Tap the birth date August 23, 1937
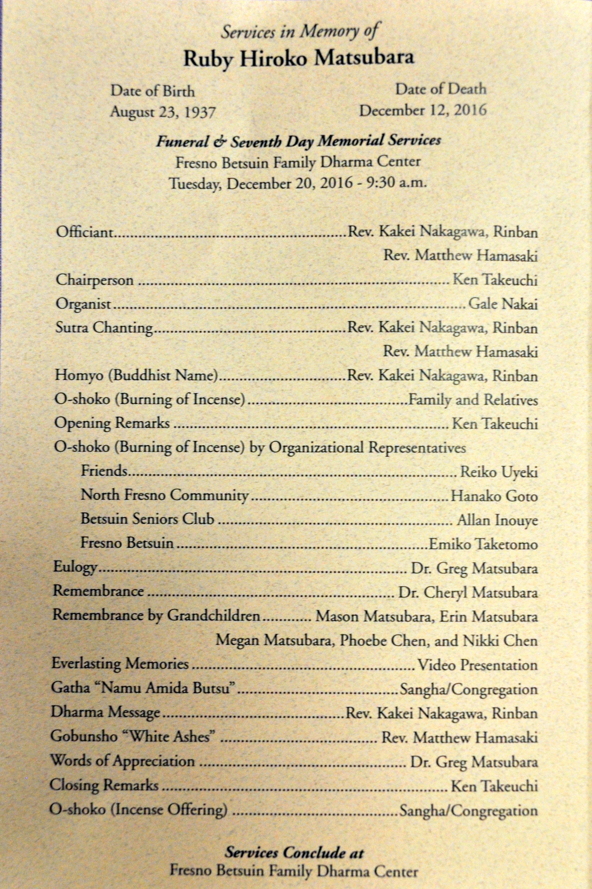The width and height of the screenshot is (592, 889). (x=163, y=113)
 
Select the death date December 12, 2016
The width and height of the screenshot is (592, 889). (x=423, y=111)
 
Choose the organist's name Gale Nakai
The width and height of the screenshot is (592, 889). (x=503, y=304)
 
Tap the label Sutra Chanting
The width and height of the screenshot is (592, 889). (x=104, y=328)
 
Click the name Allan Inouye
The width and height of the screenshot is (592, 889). (x=497, y=520)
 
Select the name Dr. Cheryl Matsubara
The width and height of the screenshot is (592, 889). (x=468, y=592)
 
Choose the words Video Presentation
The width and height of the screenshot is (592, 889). (x=477, y=665)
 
